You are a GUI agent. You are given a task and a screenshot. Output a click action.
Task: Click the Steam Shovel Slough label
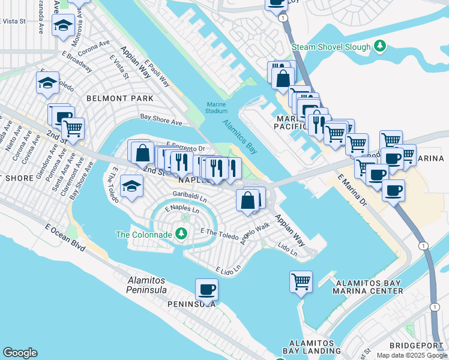(331, 46)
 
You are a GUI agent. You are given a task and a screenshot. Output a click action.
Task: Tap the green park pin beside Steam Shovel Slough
(379, 46)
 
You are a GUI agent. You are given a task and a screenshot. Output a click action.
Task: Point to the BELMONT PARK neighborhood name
(120, 98)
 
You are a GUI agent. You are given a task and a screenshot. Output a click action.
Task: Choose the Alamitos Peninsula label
(151, 285)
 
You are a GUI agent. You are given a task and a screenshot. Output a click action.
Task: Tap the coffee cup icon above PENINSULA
(206, 290)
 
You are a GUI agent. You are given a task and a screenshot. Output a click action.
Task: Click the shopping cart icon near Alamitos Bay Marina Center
(301, 281)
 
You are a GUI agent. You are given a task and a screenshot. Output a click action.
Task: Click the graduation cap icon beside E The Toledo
(131, 186)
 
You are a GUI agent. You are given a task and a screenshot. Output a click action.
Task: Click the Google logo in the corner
(20, 353)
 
